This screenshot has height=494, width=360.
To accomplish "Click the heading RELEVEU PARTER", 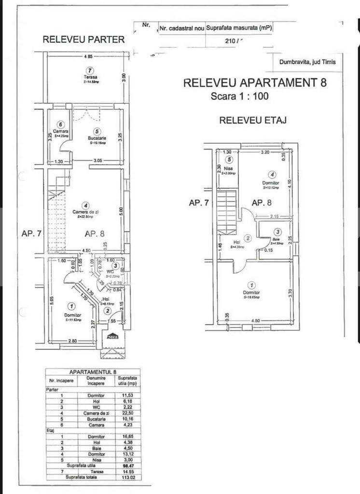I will click(83, 40).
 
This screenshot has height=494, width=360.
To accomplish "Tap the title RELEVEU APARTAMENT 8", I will click(255, 82).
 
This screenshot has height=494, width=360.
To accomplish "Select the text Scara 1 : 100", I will click(240, 96).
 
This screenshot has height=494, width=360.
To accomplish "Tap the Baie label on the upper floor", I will click(276, 240).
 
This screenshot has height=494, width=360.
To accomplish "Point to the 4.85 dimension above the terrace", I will click(88, 57).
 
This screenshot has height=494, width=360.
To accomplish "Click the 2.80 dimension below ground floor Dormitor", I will click(72, 341).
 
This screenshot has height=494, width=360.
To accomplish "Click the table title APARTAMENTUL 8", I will click(93, 371).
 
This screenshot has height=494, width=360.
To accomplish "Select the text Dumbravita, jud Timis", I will click(307, 62).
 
